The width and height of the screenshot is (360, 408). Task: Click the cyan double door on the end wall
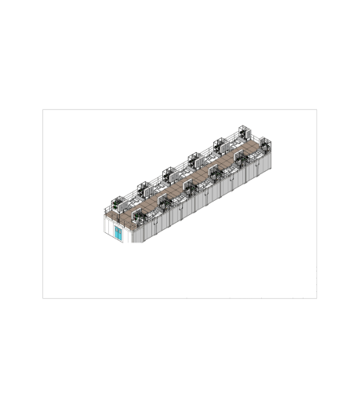pyautogui.click(x=118, y=234)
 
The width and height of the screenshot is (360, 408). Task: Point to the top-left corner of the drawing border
pyautogui.click(x=42, y=109)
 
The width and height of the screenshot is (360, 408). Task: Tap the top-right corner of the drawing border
pyautogui.click(x=317, y=109)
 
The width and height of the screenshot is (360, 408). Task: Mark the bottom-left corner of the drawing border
pyautogui.click(x=42, y=298)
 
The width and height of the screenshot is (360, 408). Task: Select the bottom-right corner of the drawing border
pyautogui.click(x=317, y=298)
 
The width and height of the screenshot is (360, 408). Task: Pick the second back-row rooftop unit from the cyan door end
pyautogui.click(x=144, y=188)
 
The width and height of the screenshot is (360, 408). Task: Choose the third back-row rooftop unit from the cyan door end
pyautogui.click(x=168, y=172)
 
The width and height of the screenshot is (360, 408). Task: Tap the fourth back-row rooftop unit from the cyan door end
pyautogui.click(x=193, y=158)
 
